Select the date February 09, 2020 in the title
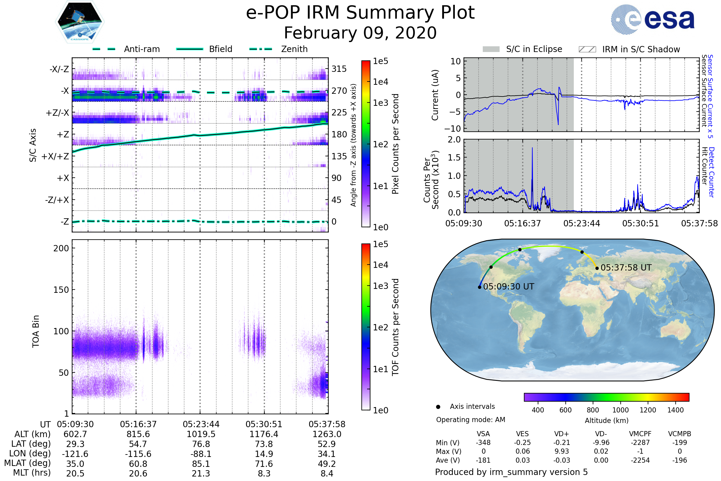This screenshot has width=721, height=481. [360, 33]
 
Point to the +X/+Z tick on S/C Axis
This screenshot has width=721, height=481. [55, 156]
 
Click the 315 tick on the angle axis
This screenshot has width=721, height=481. [339, 69]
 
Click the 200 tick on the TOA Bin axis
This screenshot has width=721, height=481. [61, 248]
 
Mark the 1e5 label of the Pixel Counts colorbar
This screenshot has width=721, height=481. [380, 61]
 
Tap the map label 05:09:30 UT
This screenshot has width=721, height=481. [509, 286]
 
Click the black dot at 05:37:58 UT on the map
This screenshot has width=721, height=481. [597, 268]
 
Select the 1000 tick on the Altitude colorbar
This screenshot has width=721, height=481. [620, 410]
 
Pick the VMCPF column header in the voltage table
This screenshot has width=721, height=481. [640, 434]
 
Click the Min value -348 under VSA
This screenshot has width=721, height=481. [483, 443]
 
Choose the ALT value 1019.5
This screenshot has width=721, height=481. [201, 434]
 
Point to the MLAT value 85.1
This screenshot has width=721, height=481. [201, 464]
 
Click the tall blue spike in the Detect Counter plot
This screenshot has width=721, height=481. [532, 149]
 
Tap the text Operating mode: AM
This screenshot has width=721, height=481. [470, 420]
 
